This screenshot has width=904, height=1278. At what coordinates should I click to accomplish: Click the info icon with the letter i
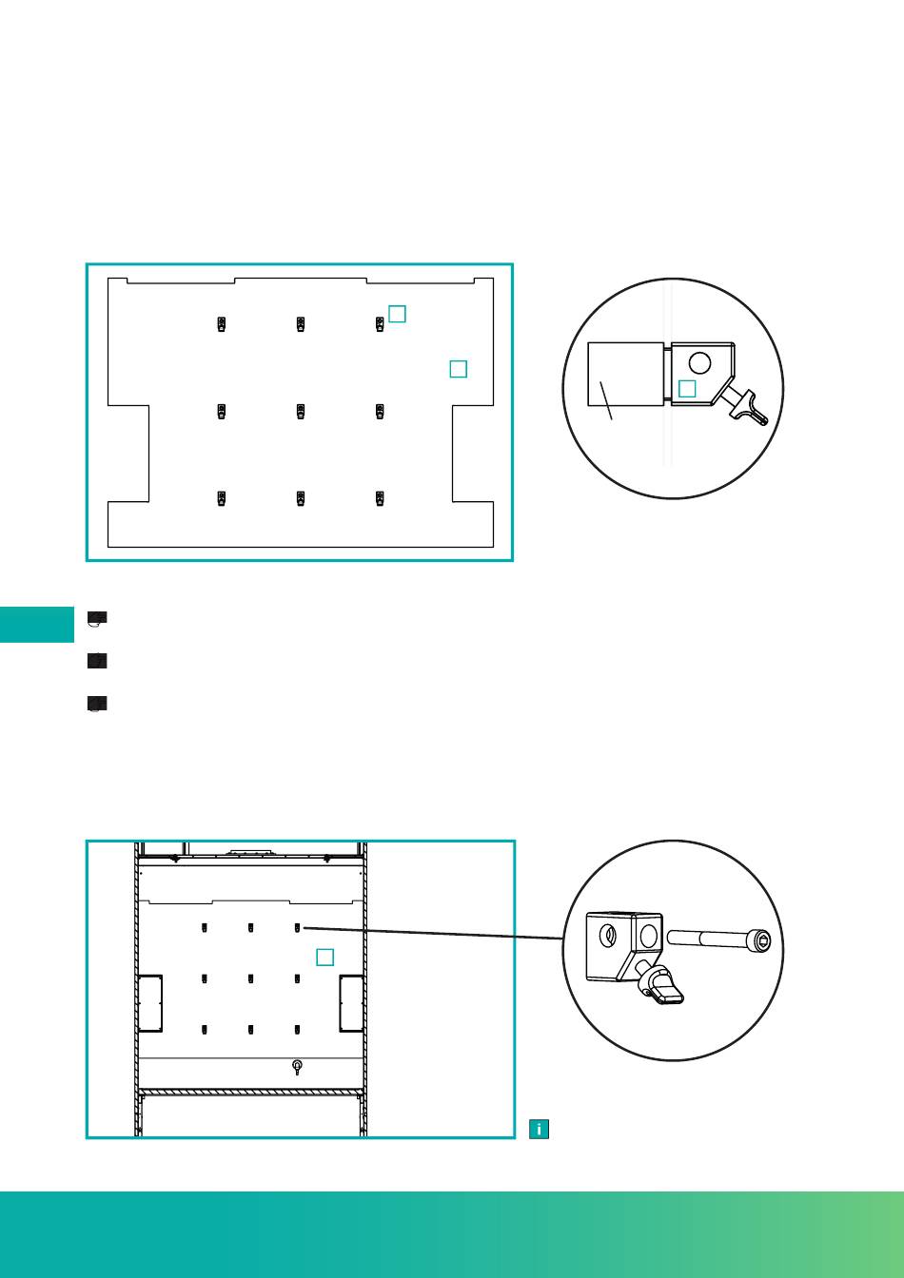540,1130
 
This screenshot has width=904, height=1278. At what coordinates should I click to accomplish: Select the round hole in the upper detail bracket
699,362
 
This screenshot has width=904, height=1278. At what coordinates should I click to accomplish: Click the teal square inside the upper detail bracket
687,388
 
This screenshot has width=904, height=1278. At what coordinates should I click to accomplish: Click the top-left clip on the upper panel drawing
221,324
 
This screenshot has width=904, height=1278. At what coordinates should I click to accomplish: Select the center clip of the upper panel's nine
301,411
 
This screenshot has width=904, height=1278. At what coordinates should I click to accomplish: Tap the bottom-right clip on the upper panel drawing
380,497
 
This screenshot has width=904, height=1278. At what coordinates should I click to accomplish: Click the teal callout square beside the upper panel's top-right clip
398,314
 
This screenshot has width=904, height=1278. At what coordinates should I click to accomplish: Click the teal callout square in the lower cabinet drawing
324,957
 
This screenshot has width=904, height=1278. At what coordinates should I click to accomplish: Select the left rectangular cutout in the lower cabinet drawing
150,1003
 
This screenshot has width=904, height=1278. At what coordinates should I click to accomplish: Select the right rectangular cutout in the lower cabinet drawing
350,1003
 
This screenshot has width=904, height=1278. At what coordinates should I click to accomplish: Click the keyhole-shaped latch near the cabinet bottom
298,1067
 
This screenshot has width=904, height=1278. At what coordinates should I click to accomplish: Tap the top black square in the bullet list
96,618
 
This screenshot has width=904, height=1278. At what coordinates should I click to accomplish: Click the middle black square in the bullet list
96,661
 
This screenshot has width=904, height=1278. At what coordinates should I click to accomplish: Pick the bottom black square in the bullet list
96,705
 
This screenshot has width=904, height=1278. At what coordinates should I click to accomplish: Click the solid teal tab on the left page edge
36,624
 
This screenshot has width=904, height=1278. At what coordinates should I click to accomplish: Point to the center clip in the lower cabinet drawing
251,978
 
